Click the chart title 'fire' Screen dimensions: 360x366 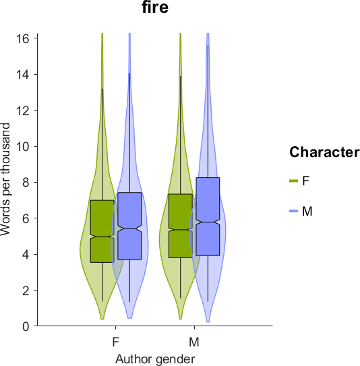pyautogui.click(x=155, y=7)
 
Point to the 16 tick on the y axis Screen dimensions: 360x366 pyautogui.click(x=23, y=38)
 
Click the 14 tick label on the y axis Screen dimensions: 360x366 pyautogui.click(x=23, y=74)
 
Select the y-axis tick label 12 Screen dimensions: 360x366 pyautogui.click(x=23, y=111)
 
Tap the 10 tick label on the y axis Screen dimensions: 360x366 pyautogui.click(x=23, y=146)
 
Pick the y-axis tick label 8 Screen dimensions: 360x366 pyautogui.click(x=26, y=182)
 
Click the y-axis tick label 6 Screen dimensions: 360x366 pyautogui.click(x=26, y=218)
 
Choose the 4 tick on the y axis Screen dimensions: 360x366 pyautogui.click(x=26, y=254)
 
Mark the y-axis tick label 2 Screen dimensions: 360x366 pyautogui.click(x=26, y=290)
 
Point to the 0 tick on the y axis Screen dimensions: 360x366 pyautogui.click(x=26, y=326)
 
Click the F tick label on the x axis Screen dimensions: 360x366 pyautogui.click(x=116, y=342)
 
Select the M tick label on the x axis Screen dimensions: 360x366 pyautogui.click(x=194, y=342)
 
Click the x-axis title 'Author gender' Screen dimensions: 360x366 pyautogui.click(x=155, y=359)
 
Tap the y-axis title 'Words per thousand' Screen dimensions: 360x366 pyautogui.click(x=5, y=179)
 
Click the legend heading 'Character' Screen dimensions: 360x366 pyautogui.click(x=324, y=152)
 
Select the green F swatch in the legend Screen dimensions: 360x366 pyautogui.click(x=294, y=181)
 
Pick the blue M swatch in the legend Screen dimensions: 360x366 pyautogui.click(x=294, y=211)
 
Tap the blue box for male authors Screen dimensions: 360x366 pyautogui.click(x=208, y=216)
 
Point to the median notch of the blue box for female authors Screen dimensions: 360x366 pyautogui.click(x=130, y=228)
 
